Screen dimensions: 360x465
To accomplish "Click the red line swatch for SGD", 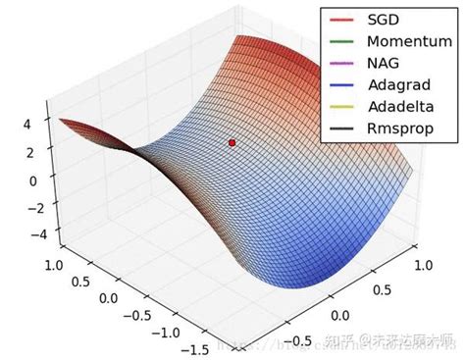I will (x=340, y=20).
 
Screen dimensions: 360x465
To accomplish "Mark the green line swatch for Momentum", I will (x=340, y=41).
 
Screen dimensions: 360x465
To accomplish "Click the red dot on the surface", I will (x=232, y=143).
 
